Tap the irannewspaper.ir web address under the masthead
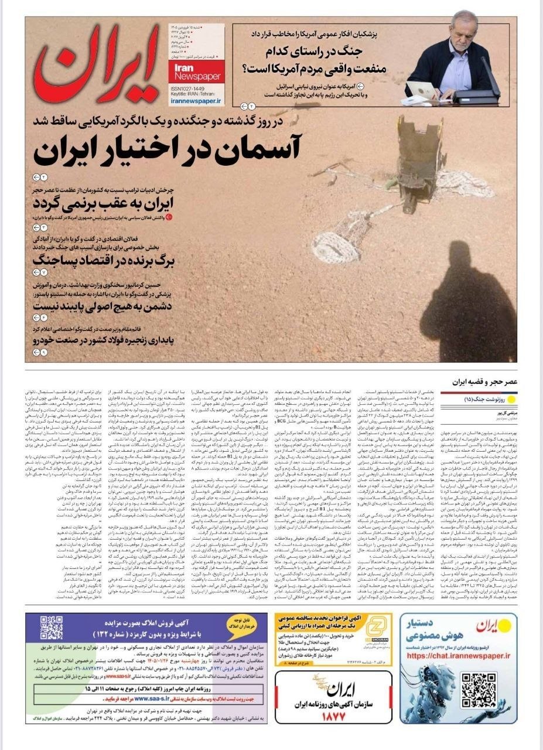(197, 101)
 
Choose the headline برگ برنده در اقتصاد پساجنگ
(97, 258)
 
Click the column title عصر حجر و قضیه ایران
(483, 381)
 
